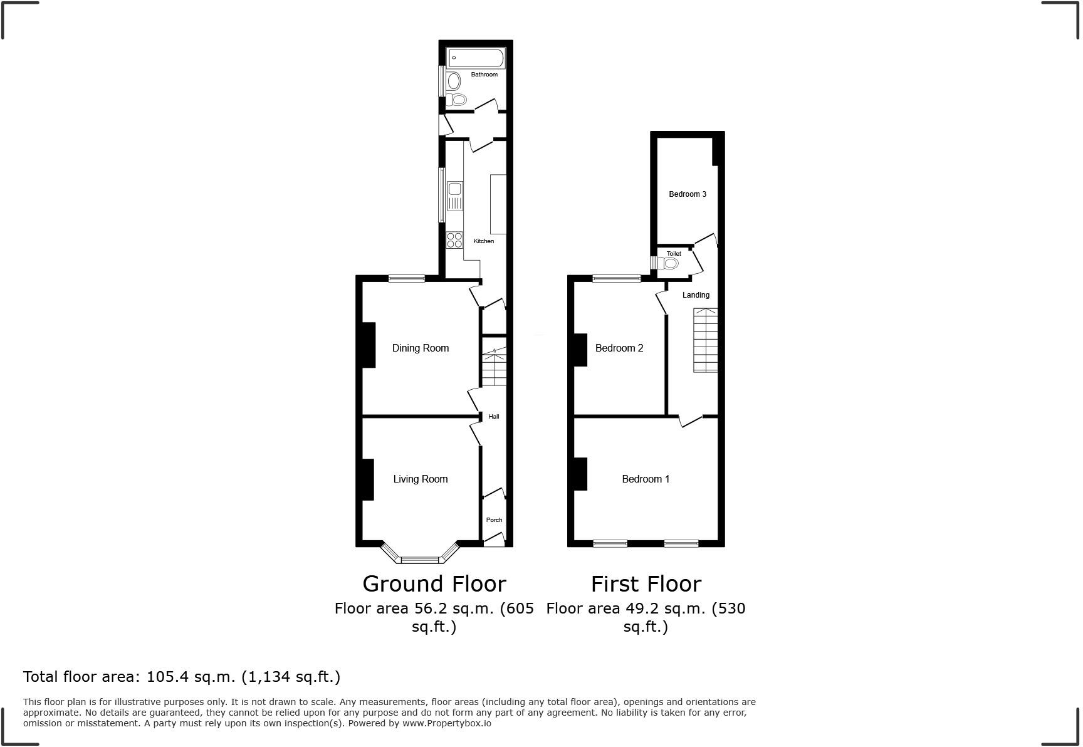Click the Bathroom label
484,75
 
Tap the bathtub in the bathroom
476,58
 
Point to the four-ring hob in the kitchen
454,240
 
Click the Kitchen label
483,241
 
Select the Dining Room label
420,348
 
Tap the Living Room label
420,479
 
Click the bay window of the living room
421,557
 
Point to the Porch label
494,520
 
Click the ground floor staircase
494,368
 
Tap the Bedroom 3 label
687,194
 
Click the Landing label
696,295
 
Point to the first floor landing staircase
705,342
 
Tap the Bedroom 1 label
646,479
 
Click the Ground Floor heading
434,584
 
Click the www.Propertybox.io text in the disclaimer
446,723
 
